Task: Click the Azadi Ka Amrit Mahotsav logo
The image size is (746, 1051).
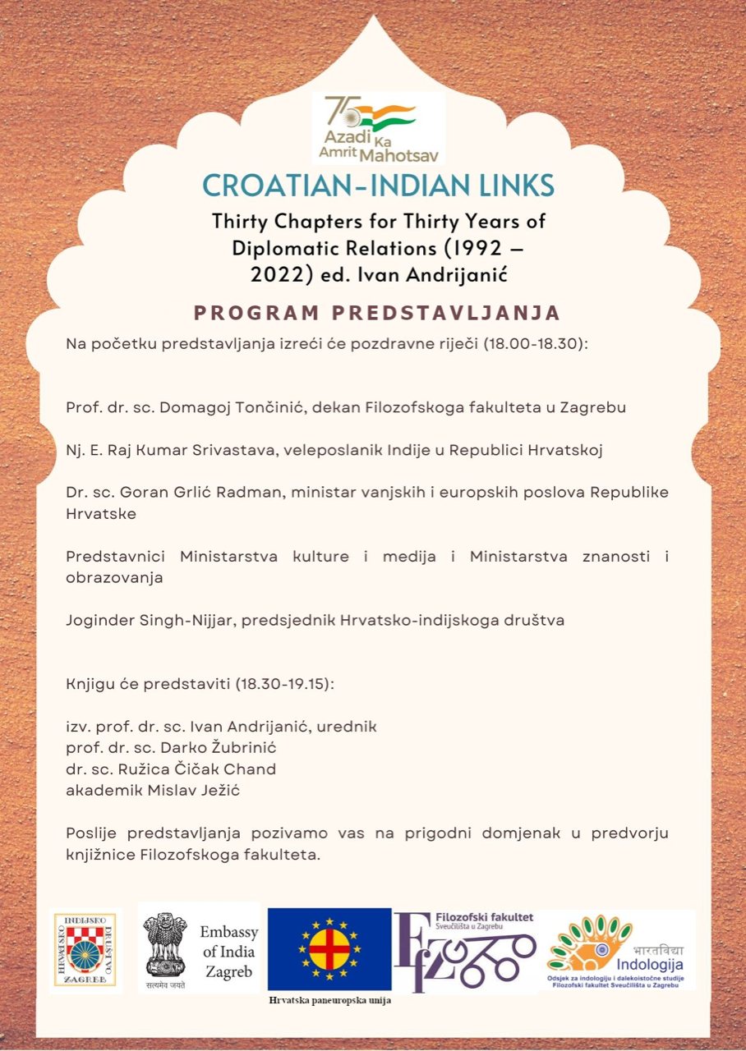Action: point(379,128)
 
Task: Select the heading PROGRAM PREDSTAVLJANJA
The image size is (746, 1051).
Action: point(377,313)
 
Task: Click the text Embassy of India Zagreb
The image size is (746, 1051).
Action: point(228,952)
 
